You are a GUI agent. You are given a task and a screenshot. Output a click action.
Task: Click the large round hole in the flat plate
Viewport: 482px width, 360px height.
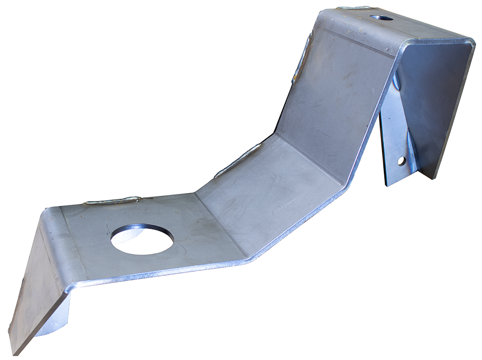coord(142,239)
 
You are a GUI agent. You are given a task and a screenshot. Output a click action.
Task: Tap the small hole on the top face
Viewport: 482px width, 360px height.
coord(382,18)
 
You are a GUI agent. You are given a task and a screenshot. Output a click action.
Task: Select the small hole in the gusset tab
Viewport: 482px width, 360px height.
coord(402,161)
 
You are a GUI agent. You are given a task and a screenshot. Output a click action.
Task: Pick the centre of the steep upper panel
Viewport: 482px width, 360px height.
coord(334,93)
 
